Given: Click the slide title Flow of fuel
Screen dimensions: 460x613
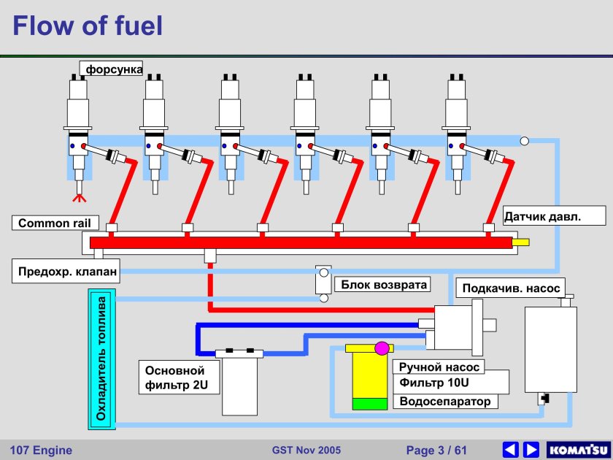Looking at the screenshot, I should point(88,26).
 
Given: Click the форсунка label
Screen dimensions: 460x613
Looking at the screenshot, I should point(114,69).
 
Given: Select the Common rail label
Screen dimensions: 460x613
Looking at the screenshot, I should point(53,223).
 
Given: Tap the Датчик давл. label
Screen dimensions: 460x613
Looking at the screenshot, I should point(555,216).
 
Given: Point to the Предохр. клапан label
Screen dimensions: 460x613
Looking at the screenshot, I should point(65,273).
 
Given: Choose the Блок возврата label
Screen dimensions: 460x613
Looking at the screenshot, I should point(381,284).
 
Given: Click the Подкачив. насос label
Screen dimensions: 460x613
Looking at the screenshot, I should point(511,288).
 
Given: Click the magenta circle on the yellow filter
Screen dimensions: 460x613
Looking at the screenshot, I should point(382,348).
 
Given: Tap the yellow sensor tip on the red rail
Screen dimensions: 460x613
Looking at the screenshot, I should point(520,242).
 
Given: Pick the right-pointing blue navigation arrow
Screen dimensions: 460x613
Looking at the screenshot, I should point(531,449).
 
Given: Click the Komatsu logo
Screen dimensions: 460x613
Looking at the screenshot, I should point(577,449).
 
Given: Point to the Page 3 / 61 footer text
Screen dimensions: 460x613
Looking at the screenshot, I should point(436,450).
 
